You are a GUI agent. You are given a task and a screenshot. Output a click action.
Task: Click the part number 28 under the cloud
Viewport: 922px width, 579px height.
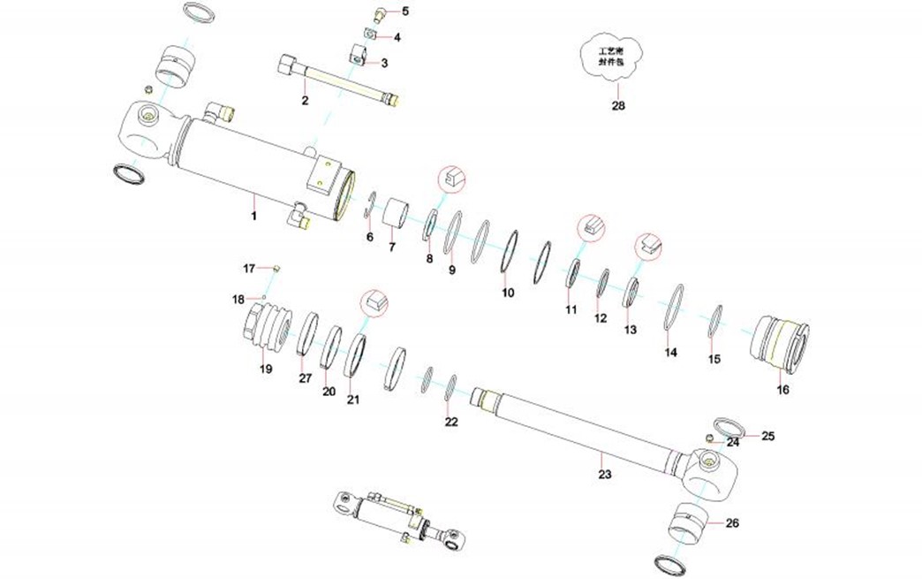click(618, 106)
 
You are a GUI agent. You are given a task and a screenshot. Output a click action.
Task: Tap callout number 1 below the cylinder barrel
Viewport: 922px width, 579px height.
click(253, 215)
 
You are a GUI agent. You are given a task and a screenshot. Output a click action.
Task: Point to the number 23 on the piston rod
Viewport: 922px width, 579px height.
click(604, 474)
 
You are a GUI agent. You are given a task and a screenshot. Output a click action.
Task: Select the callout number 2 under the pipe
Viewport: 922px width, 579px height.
click(305, 101)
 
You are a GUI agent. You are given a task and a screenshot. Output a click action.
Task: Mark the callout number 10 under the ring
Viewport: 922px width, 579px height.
click(507, 292)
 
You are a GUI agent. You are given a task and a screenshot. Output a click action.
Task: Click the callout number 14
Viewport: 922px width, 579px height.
click(671, 352)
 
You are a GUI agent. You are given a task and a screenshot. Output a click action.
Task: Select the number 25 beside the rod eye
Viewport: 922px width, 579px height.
click(767, 436)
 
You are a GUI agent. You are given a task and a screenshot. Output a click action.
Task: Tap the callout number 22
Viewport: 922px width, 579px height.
click(451, 422)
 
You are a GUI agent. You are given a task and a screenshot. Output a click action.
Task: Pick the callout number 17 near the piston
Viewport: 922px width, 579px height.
click(249, 268)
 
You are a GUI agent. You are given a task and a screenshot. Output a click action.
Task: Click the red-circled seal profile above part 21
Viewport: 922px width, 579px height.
click(373, 301)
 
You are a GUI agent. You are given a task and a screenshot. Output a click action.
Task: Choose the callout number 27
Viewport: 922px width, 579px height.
click(305, 378)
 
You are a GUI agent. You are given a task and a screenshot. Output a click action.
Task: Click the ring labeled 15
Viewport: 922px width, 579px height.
click(717, 320)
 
